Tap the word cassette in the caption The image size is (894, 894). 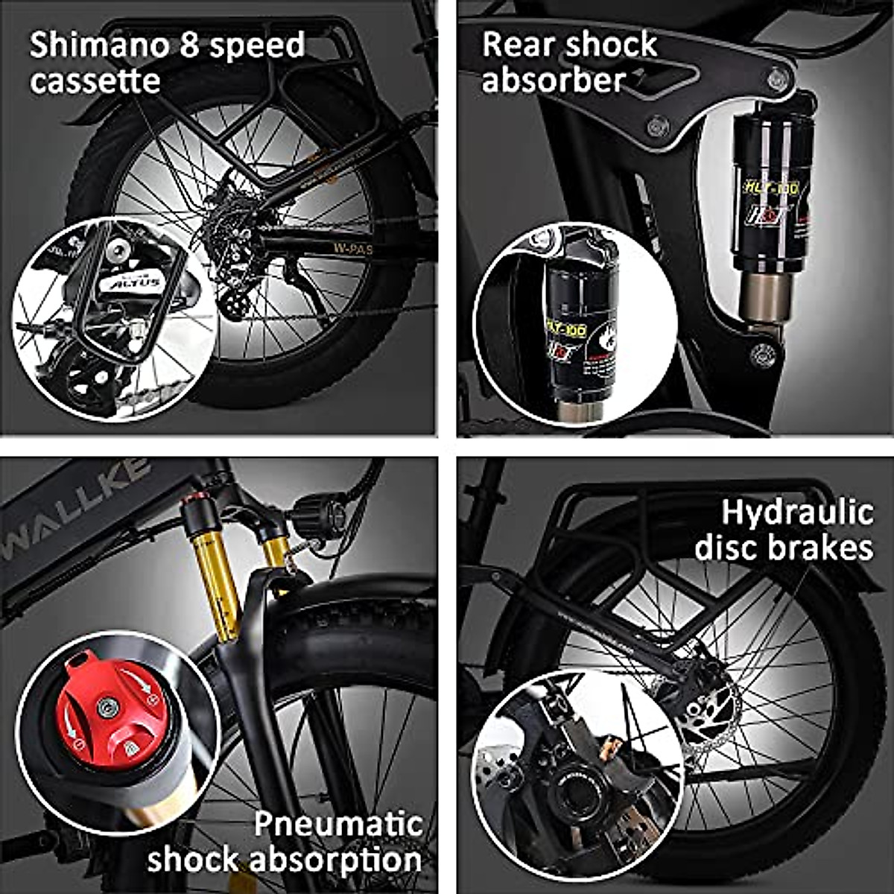[95, 80]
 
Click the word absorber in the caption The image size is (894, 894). [553, 80]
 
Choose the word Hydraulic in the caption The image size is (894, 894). [797, 513]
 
